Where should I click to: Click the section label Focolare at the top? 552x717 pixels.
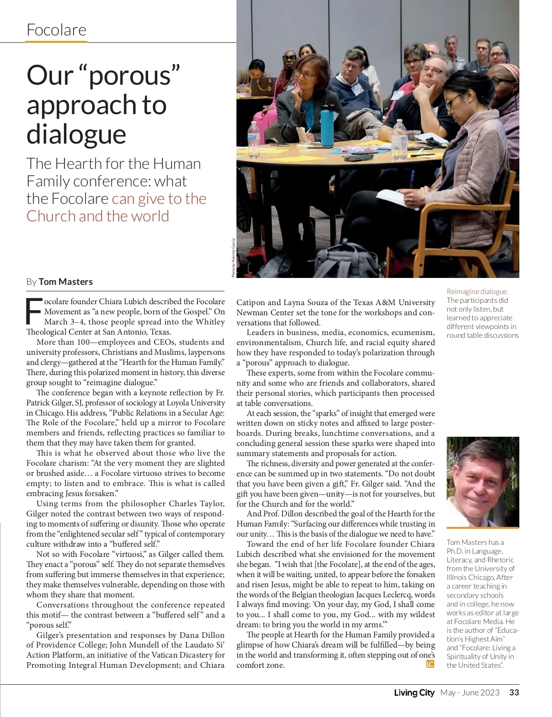[57, 30]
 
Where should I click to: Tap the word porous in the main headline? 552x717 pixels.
[130, 75]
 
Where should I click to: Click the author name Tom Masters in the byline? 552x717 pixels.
[65, 282]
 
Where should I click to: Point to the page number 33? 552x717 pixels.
[514, 693]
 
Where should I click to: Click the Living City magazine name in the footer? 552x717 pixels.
[414, 693]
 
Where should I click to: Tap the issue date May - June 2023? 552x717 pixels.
[470, 693]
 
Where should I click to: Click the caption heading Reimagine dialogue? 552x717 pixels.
[477, 291]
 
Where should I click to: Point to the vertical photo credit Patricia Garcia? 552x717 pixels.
[233, 258]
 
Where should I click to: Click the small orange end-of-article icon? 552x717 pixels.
[430, 664]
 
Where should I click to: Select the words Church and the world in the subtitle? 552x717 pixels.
[98, 216]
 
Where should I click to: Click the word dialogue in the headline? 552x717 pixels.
[76, 134]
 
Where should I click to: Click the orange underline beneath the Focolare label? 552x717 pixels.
[56, 41]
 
